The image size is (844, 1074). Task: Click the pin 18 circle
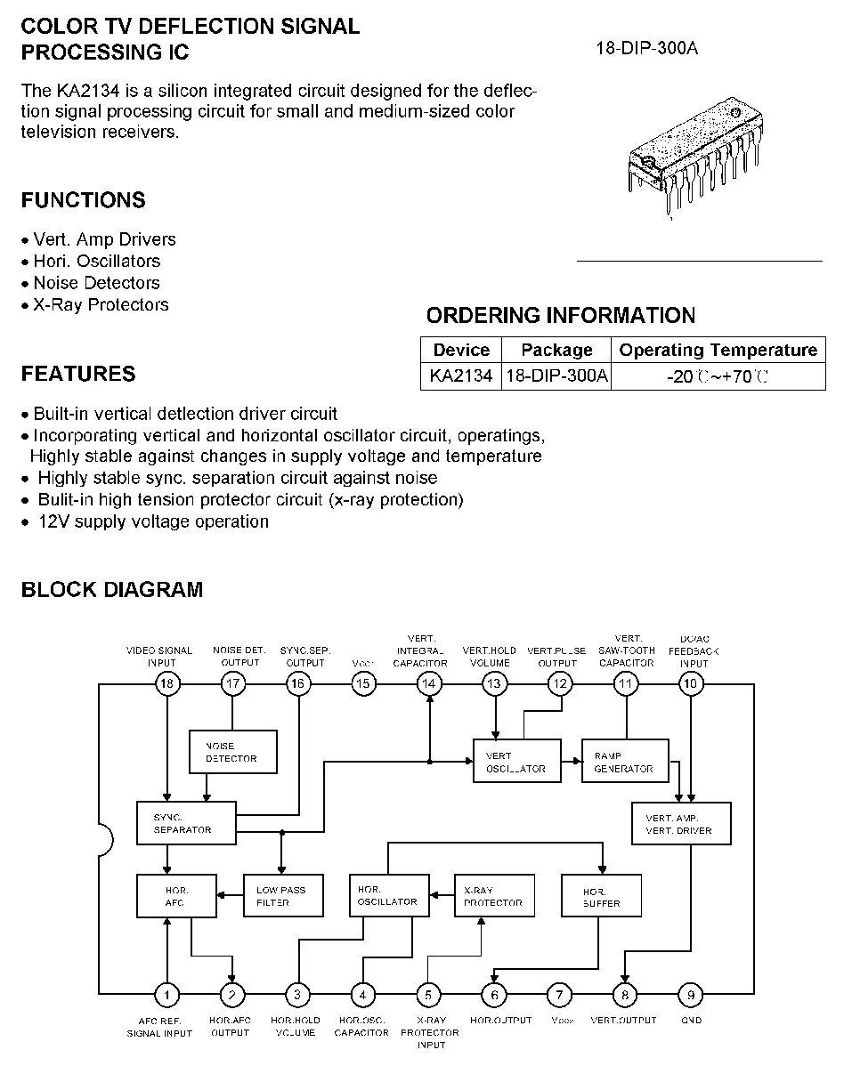[x=166, y=682]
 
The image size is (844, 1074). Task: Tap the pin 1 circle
[x=166, y=994]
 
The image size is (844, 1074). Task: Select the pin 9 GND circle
[x=691, y=994]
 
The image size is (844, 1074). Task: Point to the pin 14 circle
[x=429, y=682]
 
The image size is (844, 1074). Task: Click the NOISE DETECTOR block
[x=233, y=752]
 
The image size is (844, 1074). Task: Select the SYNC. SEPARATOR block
[x=186, y=823]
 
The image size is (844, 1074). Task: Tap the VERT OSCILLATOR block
[x=517, y=761]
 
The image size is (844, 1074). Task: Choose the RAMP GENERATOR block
[x=625, y=761]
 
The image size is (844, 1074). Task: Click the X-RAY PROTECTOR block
[x=494, y=896]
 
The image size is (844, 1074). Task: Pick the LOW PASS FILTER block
[x=282, y=896]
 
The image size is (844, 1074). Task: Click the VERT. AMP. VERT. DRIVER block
[x=681, y=824]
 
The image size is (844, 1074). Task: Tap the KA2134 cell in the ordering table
[x=461, y=375]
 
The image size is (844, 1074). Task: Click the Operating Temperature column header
[x=718, y=350]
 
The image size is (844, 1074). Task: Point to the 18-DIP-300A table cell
[x=556, y=375]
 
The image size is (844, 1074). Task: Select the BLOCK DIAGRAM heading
[x=112, y=589]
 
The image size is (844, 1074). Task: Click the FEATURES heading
[x=78, y=374]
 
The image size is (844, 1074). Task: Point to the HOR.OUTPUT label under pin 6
[x=500, y=1020]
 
